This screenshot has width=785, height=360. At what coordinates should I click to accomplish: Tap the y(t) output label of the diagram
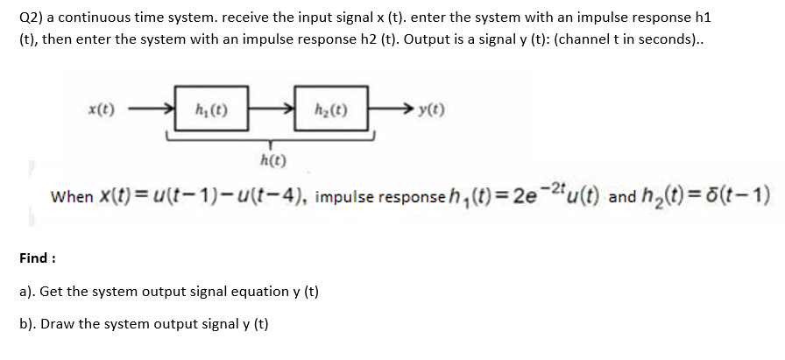pos(431,110)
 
